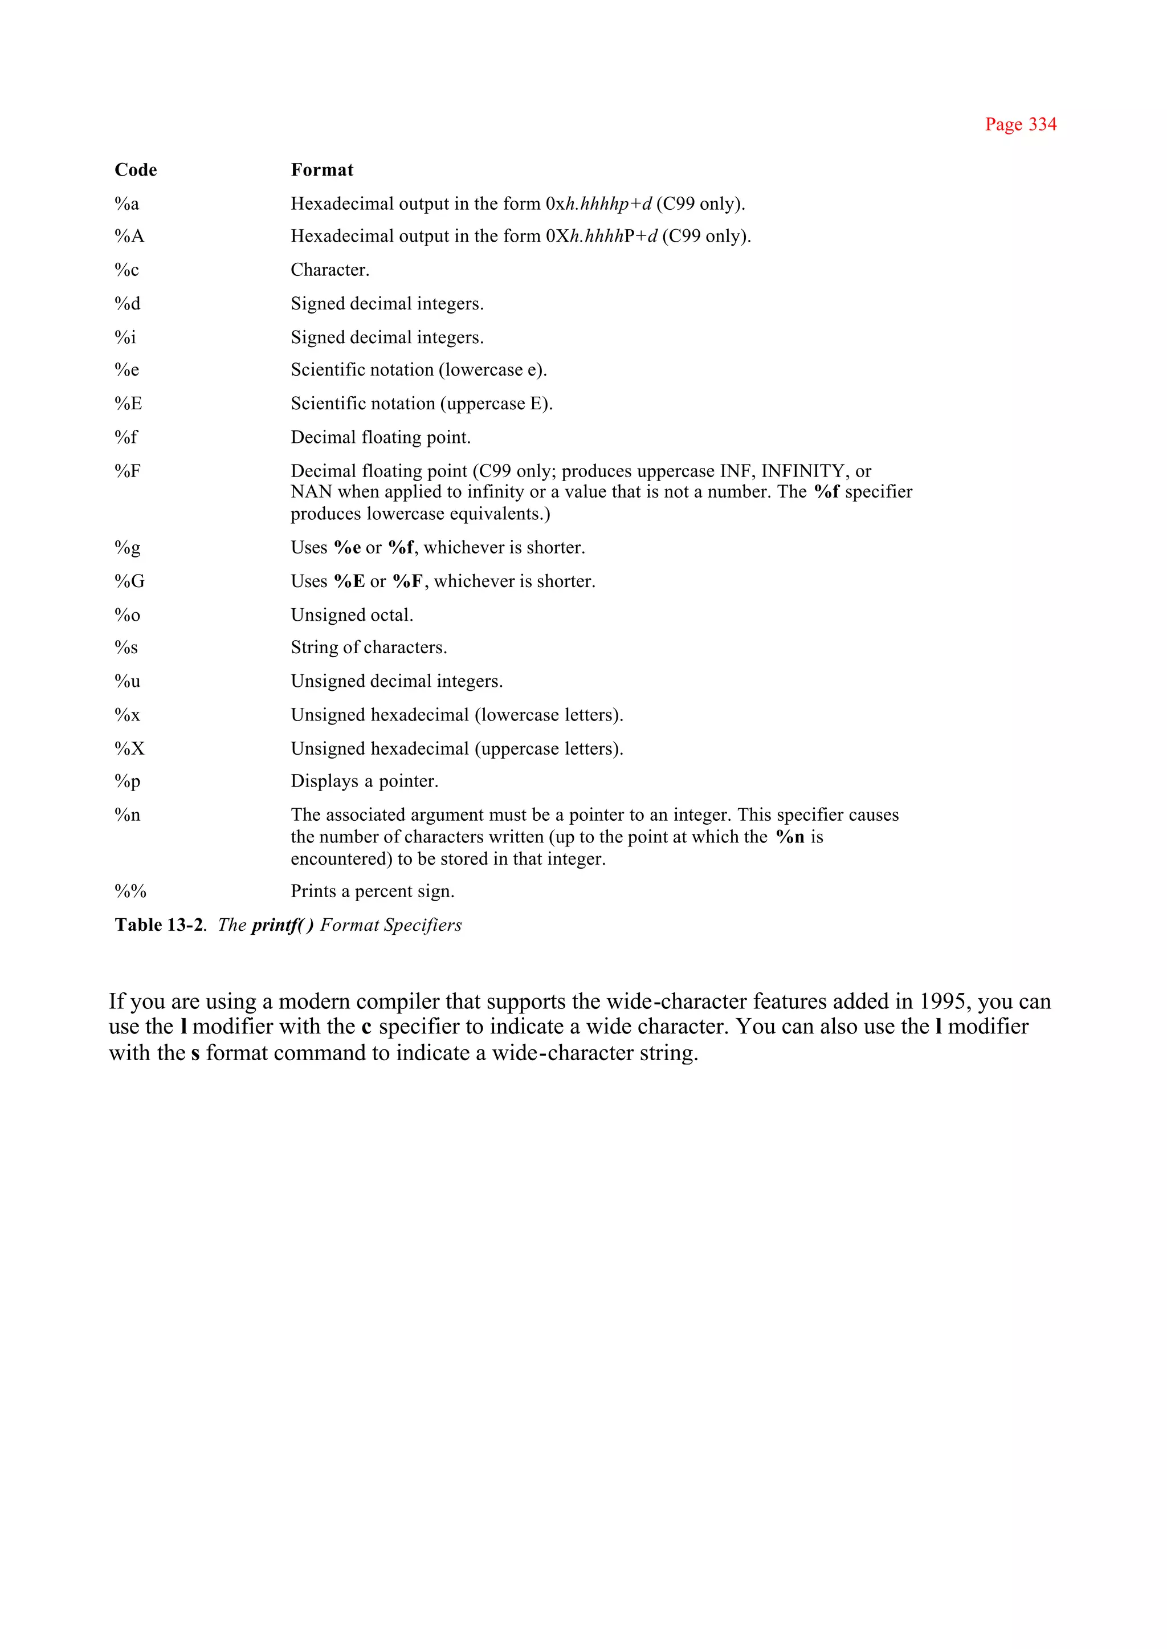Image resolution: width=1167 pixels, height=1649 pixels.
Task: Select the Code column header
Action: (136, 170)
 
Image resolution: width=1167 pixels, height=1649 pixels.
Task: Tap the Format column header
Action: (322, 170)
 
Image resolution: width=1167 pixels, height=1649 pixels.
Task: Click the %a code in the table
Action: (127, 204)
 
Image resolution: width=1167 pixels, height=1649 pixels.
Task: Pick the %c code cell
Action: (127, 270)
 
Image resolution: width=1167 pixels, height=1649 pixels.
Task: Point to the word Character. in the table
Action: (330, 270)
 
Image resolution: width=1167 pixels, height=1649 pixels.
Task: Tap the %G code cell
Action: (129, 581)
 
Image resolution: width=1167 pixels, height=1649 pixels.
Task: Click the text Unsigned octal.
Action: (352, 616)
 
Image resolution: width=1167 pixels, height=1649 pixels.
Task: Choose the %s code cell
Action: (126, 648)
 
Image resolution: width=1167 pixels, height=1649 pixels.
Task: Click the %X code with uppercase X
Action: (129, 749)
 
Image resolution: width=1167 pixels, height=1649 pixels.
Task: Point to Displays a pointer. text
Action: (364, 781)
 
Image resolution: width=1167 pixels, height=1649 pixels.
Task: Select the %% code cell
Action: (130, 891)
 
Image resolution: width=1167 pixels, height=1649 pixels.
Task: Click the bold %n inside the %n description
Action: (790, 837)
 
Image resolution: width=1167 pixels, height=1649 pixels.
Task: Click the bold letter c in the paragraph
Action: (366, 1027)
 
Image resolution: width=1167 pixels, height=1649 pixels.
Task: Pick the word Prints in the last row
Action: (313, 891)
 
